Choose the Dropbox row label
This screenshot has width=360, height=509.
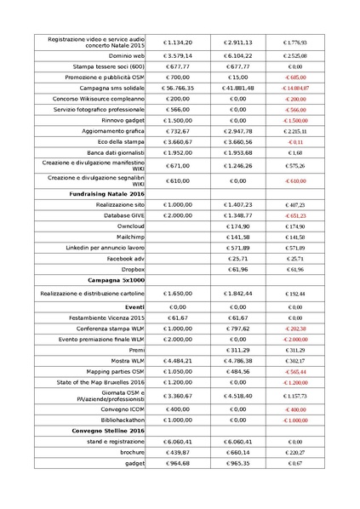point(131,269)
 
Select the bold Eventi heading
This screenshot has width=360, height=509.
point(134,306)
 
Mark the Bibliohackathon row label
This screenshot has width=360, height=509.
point(121,420)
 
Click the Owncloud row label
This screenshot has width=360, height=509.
point(130,226)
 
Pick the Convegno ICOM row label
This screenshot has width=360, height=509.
point(124,409)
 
